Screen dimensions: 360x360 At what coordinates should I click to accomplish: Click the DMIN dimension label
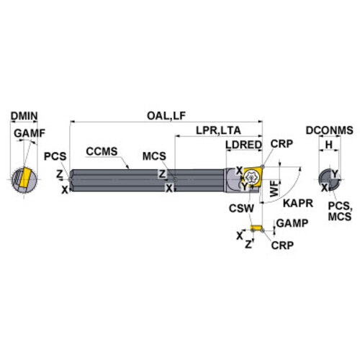point(24,116)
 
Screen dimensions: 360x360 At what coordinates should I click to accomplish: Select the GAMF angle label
point(30,133)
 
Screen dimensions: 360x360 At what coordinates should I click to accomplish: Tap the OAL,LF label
point(166,116)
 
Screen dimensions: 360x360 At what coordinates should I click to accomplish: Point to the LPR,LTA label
point(218,130)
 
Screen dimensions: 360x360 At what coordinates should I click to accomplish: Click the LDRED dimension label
point(243,145)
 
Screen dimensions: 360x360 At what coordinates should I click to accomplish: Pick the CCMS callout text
point(102,151)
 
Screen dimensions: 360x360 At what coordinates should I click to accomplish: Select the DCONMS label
point(330,130)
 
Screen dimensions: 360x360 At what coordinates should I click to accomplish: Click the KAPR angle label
point(298,203)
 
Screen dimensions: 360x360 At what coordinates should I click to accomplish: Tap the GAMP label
point(292,223)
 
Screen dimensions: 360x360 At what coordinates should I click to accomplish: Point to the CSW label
point(241,208)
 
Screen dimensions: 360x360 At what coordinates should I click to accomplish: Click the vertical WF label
point(274,189)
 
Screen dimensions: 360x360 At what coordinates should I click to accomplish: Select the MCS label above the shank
point(154,156)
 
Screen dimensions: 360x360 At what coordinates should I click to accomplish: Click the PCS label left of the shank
point(55,156)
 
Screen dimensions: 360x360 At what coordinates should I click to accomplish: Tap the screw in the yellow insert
point(251,177)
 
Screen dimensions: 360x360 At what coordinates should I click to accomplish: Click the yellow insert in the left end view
point(24,178)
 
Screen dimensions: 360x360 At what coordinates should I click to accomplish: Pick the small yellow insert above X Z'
point(256,228)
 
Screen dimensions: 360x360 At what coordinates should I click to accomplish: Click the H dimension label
point(329,145)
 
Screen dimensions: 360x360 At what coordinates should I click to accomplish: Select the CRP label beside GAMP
point(282,246)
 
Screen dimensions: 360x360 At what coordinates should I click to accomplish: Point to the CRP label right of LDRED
point(282,144)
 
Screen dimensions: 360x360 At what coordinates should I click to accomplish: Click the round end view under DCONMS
point(330,179)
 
